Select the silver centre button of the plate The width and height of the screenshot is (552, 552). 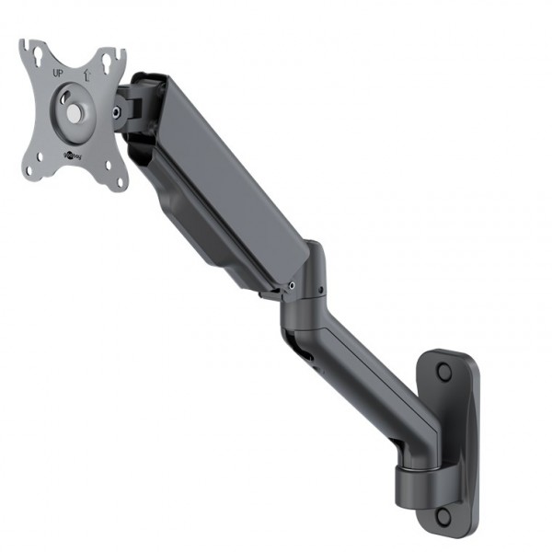75,113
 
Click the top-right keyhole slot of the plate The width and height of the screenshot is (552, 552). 109,63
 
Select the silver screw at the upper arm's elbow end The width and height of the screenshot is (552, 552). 292,285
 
